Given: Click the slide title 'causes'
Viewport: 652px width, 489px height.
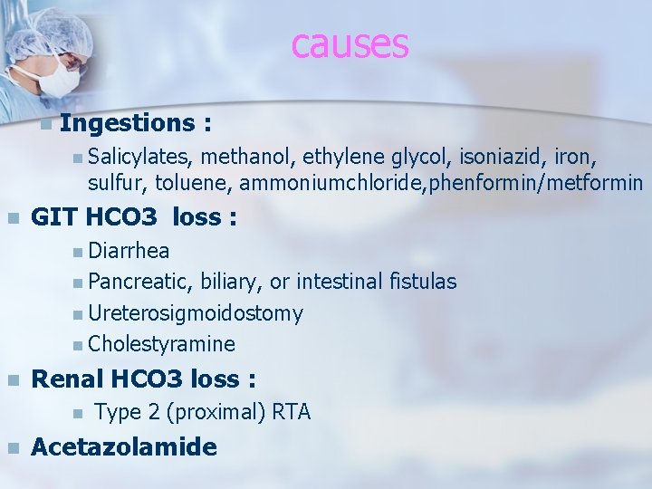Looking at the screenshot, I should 350,43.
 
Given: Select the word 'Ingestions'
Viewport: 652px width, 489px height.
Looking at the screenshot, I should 128,122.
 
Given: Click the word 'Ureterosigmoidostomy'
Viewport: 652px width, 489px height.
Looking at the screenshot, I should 196,313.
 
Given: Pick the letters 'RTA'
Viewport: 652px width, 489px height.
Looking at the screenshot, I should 291,413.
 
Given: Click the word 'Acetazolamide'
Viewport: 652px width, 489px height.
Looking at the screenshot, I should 124,446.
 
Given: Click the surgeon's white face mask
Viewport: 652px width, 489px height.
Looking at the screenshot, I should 55,79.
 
